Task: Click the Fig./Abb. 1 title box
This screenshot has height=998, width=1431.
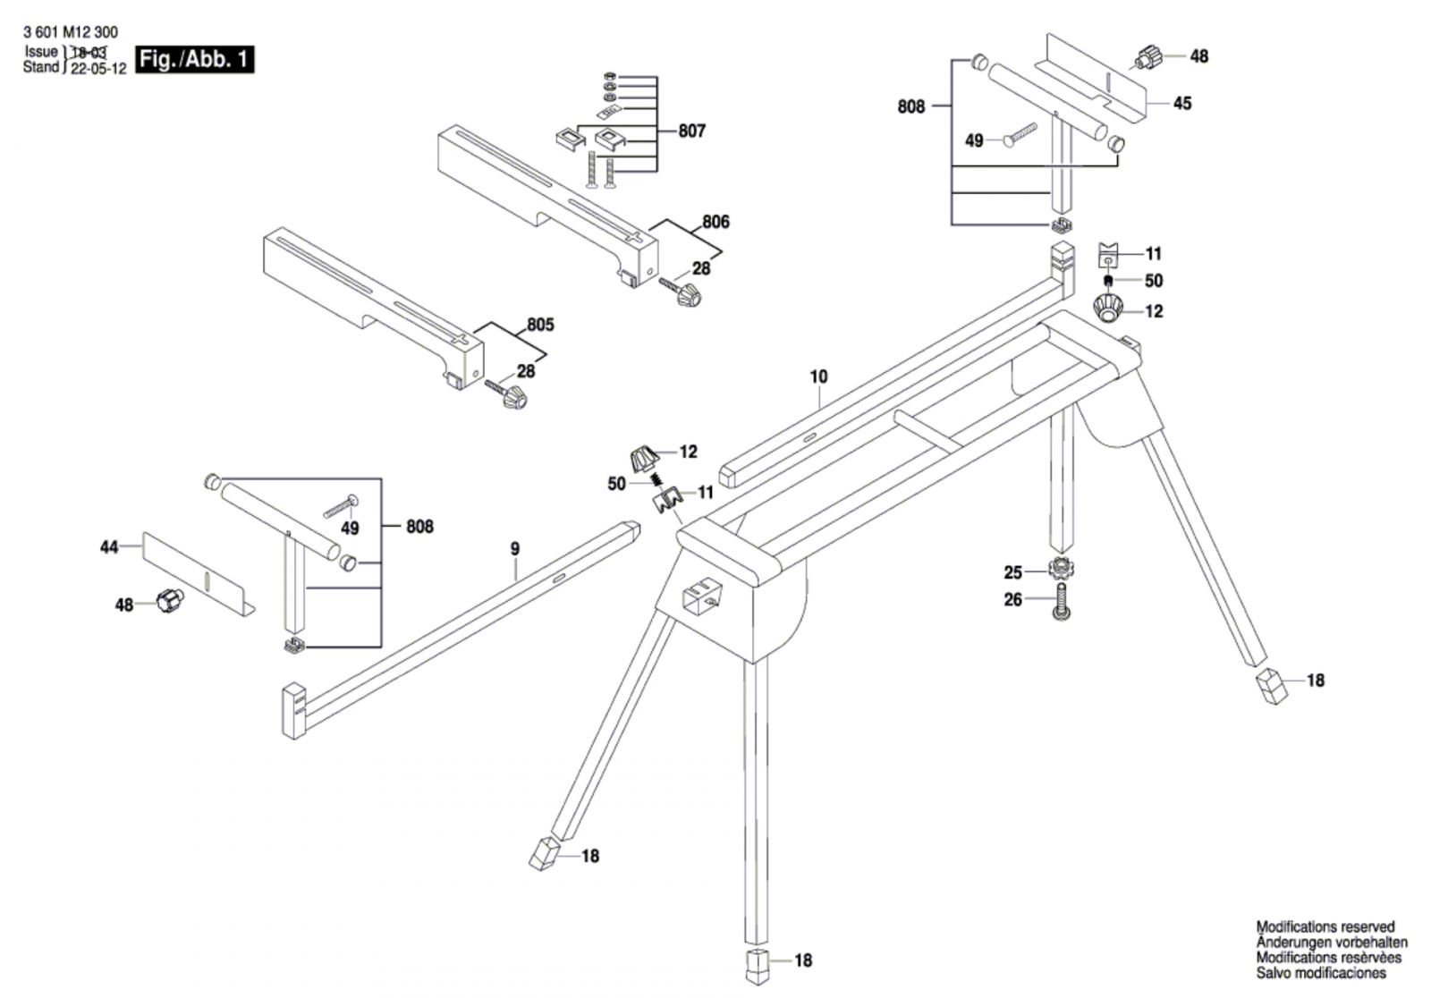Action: pyautogui.click(x=194, y=60)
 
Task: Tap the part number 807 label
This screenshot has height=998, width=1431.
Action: pyautogui.click(x=691, y=131)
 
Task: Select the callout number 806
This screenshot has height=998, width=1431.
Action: pyautogui.click(x=715, y=222)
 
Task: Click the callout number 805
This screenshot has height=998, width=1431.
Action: pyautogui.click(x=540, y=325)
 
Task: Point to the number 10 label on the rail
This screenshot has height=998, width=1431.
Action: pyautogui.click(x=818, y=376)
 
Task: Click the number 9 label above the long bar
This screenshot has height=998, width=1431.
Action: pyautogui.click(x=514, y=548)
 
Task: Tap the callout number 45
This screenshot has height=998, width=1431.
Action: pyautogui.click(x=1182, y=104)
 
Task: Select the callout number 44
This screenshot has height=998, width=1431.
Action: pyautogui.click(x=109, y=546)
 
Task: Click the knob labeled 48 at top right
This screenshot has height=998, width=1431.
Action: pyautogui.click(x=1147, y=56)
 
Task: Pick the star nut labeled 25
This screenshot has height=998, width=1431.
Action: pyautogui.click(x=1062, y=567)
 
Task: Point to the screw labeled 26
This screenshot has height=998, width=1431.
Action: pyautogui.click(x=1062, y=605)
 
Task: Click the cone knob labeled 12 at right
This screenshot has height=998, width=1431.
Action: pyautogui.click(x=1110, y=310)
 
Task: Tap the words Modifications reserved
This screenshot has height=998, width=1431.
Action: pyautogui.click(x=1325, y=927)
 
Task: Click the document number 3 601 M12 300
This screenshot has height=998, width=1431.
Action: pyautogui.click(x=70, y=32)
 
